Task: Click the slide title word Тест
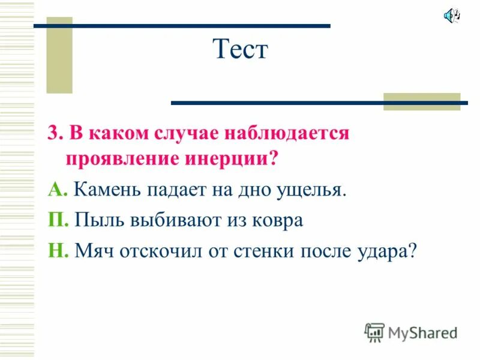pos(240,49)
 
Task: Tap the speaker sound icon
pos(451,16)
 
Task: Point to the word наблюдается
pos(286,133)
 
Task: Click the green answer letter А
pos(56,190)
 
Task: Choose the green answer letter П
pos(56,220)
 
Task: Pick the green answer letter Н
pos(56,250)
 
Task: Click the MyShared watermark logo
pos(411,332)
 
